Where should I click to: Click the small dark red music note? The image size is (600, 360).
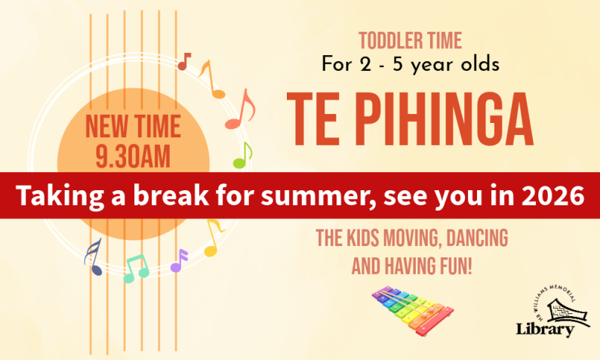[184, 61]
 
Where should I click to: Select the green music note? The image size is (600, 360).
[242, 156]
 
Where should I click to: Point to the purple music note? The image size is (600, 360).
[179, 260]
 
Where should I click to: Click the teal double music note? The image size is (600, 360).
[136, 267]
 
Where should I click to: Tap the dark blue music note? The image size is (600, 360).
[94, 257]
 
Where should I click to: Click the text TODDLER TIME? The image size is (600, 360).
[410, 40]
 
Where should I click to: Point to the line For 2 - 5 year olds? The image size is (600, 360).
[410, 64]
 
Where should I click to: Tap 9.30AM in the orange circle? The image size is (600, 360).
[132, 156]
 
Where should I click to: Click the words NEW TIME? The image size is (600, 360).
[132, 126]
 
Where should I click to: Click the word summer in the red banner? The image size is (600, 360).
[320, 195]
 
